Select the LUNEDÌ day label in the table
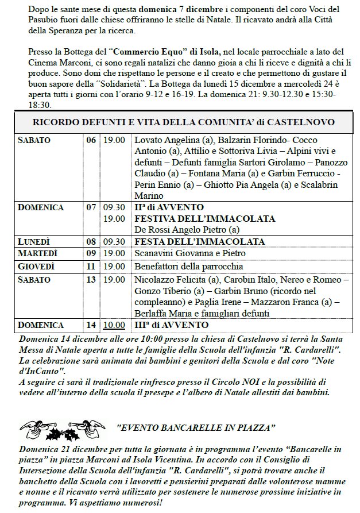click(34, 241)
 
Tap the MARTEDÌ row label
click(36, 253)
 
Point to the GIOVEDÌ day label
click(36, 266)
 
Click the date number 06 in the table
click(91, 140)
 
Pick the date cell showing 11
click(91, 267)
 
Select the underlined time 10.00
click(113, 325)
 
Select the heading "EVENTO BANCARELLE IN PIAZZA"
click(197, 428)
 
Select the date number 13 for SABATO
click(91, 280)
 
